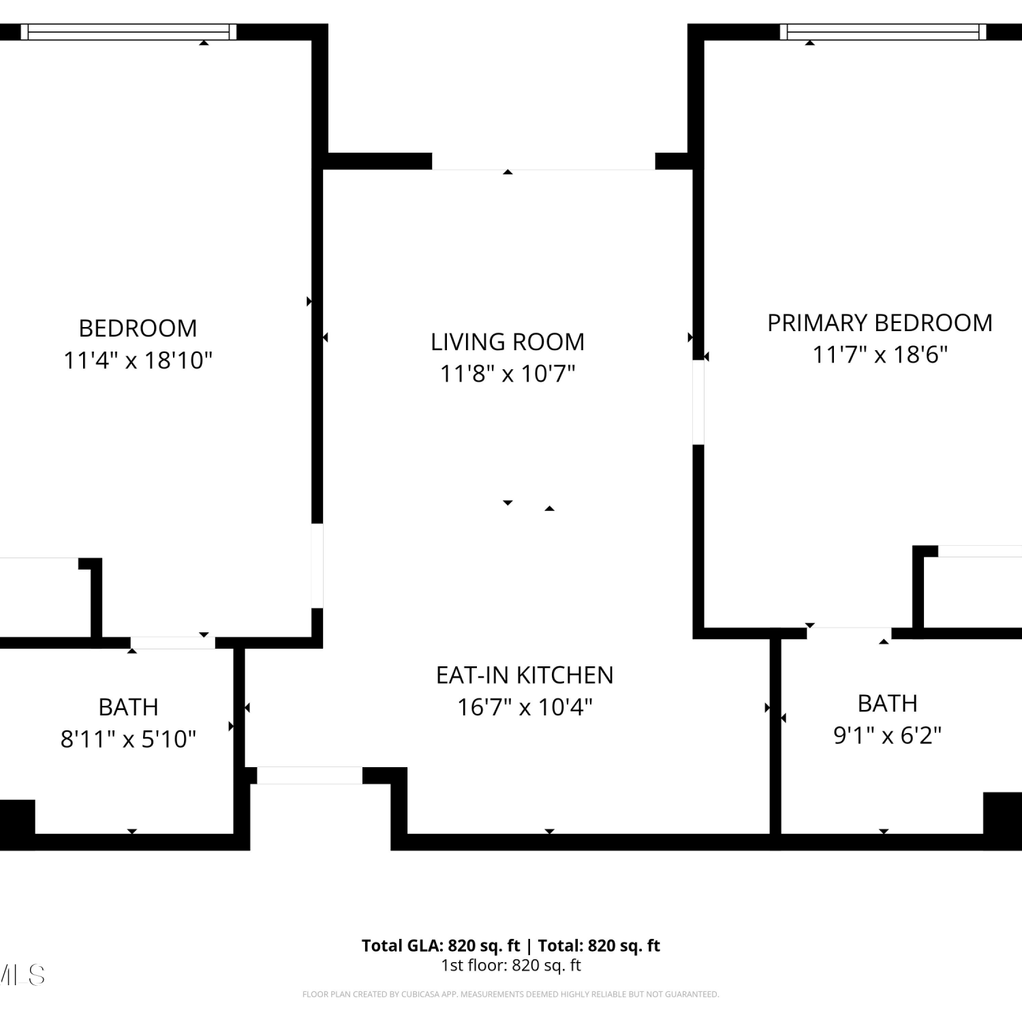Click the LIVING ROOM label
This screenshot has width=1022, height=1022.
508,342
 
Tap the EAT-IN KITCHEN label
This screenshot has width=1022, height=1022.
525,675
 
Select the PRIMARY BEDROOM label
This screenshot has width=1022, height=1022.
880,323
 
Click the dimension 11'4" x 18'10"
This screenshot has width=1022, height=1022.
138,360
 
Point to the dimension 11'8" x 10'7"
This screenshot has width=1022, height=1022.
508,374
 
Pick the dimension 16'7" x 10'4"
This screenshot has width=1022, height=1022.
525,707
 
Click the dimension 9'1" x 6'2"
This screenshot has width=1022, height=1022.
888,736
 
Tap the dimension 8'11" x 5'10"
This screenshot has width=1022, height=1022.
128,739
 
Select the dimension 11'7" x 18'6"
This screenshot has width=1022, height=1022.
880,355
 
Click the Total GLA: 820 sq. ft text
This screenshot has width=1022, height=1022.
441,946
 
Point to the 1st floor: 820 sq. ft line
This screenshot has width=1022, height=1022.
511,965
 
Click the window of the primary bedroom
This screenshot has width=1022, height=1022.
883,32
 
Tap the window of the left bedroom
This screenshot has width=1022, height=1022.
129,32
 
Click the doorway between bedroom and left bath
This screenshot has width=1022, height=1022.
173,643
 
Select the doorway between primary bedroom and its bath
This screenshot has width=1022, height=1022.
849,634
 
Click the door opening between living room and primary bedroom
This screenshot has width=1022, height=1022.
698,402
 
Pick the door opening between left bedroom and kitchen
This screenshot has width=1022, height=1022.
317,566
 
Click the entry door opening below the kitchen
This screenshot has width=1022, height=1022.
310,775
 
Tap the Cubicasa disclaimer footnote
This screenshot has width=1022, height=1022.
511,995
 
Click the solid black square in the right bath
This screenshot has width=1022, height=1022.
1003,813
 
